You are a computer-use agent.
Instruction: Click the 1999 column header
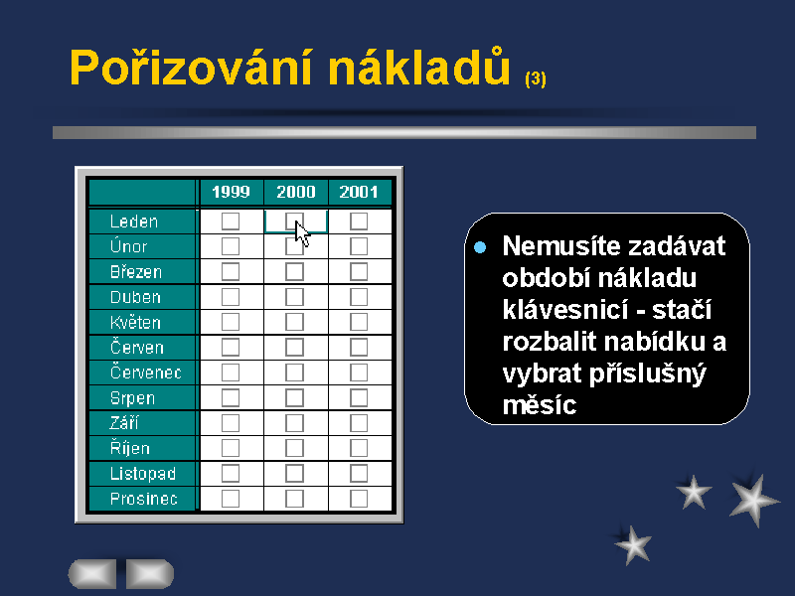click(232, 192)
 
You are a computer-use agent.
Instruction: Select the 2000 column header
click(295, 192)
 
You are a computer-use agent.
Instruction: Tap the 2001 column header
click(359, 192)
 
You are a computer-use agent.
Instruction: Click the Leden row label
click(134, 222)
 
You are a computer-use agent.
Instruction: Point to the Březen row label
click(136, 271)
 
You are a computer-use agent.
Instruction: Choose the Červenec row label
click(145, 372)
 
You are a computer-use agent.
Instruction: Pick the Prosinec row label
click(143, 499)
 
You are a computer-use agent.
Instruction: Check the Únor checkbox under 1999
click(231, 246)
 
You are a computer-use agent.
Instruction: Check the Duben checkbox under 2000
click(294, 297)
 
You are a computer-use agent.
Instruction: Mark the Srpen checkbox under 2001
click(359, 398)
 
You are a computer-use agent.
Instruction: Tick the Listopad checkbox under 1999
click(231, 474)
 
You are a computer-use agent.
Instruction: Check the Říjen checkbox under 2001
click(359, 448)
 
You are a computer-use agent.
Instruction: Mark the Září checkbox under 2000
click(294, 423)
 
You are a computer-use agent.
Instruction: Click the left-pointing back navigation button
click(92, 574)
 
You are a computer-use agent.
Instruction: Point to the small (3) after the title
click(536, 79)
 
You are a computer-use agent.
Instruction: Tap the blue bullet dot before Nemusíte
click(480, 247)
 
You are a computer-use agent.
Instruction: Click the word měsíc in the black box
click(540, 405)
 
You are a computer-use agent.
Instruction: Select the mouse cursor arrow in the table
click(302, 233)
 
